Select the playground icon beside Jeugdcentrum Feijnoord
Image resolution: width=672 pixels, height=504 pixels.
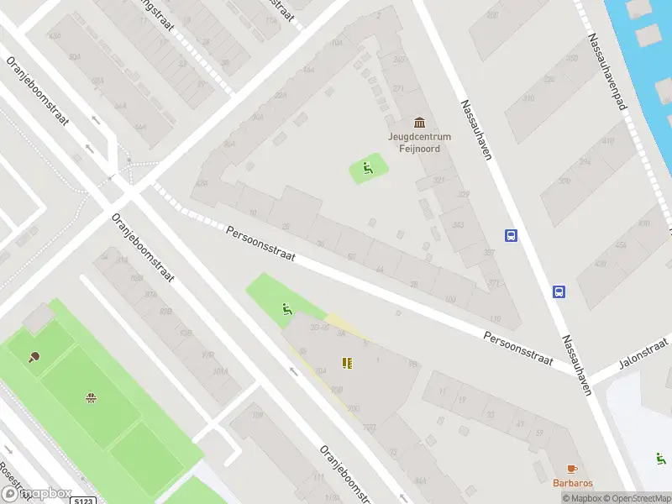tap(367, 169)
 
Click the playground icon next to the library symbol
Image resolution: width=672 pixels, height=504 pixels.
tap(287, 310)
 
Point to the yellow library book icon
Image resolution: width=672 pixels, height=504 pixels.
tap(346, 363)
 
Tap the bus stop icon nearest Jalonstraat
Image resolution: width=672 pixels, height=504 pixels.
tap(559, 291)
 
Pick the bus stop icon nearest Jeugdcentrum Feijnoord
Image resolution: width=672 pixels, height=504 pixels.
tap(511, 236)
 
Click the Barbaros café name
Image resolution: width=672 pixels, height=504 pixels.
tap(572, 483)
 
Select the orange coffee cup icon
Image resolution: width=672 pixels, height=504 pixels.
tap(572, 469)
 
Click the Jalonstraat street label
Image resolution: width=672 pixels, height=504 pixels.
tap(643, 352)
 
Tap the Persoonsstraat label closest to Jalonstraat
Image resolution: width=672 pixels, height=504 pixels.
tap(518, 349)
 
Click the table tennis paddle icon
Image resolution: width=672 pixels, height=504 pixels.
tap(34, 357)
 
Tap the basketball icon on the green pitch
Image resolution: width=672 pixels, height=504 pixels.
tap(90, 396)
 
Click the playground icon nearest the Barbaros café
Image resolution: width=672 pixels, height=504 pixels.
tap(661, 459)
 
